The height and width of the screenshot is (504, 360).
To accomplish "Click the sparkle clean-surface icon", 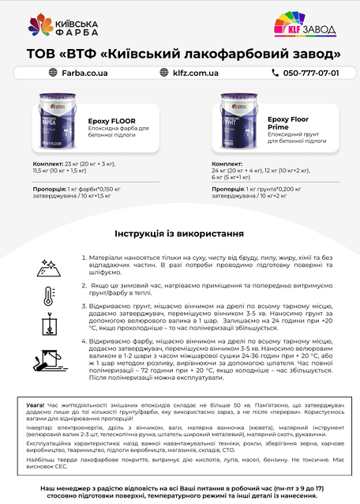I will (48, 266).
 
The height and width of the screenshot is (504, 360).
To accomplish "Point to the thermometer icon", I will (48, 297).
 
